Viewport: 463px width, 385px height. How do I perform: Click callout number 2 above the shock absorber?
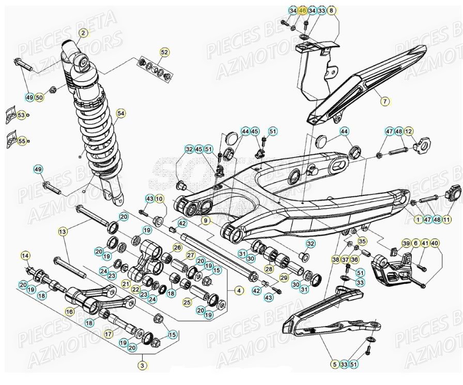coord(83,33)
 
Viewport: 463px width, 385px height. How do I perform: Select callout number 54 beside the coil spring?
coord(121,113)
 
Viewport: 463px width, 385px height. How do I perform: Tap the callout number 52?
coord(164,52)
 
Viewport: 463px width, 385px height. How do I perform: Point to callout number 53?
coord(21,115)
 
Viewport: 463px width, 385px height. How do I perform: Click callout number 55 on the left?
coord(21,141)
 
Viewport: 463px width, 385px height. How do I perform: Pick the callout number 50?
coord(40,97)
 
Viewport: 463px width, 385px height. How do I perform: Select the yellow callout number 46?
coord(302,10)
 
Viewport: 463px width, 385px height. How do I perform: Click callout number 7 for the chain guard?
coord(385,102)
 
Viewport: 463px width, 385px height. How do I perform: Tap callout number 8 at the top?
coord(332,10)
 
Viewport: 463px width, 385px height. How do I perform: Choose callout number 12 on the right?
coord(409,132)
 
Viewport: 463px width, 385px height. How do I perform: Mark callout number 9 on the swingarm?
coord(205,221)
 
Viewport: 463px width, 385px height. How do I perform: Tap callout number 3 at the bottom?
coord(142,365)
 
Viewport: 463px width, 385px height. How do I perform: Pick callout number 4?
coord(239,290)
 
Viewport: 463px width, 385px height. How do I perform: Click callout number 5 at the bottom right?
coord(334,365)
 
